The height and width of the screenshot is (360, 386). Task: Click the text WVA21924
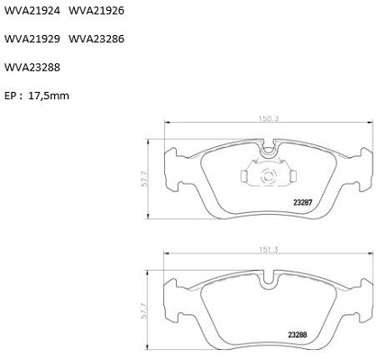coord(32,11)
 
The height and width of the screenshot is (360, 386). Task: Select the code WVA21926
coord(96,11)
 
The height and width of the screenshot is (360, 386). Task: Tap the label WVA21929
coord(32,39)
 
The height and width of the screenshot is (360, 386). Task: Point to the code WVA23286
coord(96,39)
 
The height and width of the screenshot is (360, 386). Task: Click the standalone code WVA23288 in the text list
coord(32,68)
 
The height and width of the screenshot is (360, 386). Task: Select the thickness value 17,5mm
coord(49,96)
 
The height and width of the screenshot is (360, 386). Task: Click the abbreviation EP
coord(12,96)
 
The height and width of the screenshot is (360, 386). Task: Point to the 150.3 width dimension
coord(269,118)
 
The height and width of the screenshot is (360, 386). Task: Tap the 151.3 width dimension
coord(269,250)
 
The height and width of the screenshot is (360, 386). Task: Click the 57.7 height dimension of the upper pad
coord(145,179)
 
